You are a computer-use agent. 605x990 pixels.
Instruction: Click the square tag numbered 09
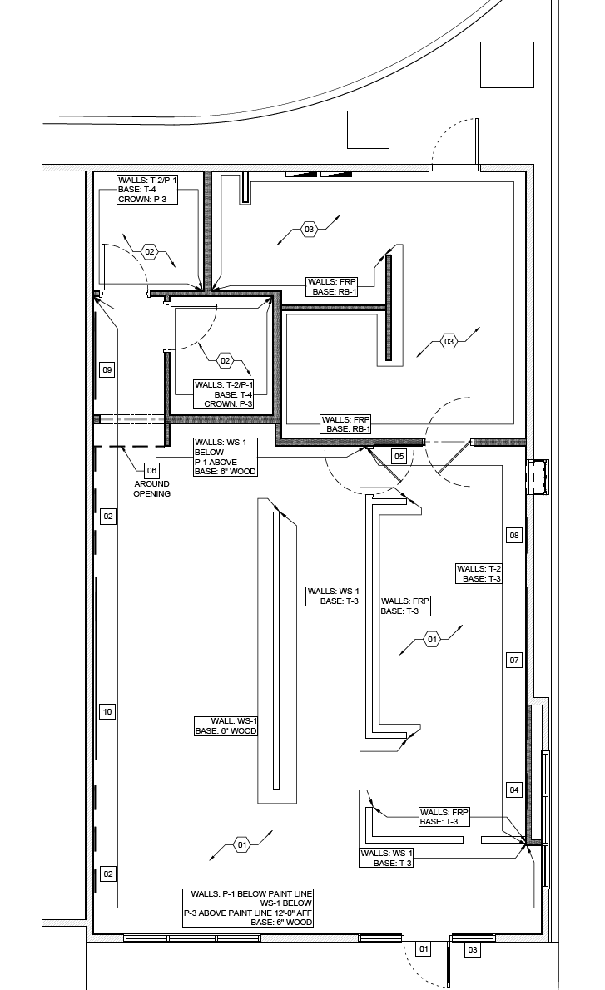point(107,370)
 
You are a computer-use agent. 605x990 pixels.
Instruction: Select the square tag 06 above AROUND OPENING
point(151,470)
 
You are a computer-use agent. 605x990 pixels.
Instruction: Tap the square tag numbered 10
point(107,712)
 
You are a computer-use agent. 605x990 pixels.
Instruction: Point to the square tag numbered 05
point(399,457)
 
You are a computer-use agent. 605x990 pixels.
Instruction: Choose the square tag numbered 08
point(514,536)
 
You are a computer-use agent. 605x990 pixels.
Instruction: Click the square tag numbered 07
point(514,661)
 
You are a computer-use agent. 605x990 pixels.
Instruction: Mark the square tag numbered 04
point(514,790)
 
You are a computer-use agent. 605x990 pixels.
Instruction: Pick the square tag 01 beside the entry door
point(424,949)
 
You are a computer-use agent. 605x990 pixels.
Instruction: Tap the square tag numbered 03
point(473,949)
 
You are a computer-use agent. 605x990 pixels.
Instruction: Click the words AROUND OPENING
point(151,488)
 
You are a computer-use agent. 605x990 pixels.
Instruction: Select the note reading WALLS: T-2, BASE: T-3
point(479,574)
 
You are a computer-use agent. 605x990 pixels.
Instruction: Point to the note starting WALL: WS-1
point(226,726)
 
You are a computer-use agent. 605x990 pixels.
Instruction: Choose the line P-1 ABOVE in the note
point(216,462)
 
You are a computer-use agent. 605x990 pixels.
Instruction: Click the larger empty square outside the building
point(507,64)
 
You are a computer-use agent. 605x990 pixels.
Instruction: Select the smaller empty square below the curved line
point(368,130)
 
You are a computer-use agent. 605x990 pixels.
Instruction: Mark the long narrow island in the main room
point(276,651)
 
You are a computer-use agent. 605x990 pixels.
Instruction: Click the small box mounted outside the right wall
point(538,477)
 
